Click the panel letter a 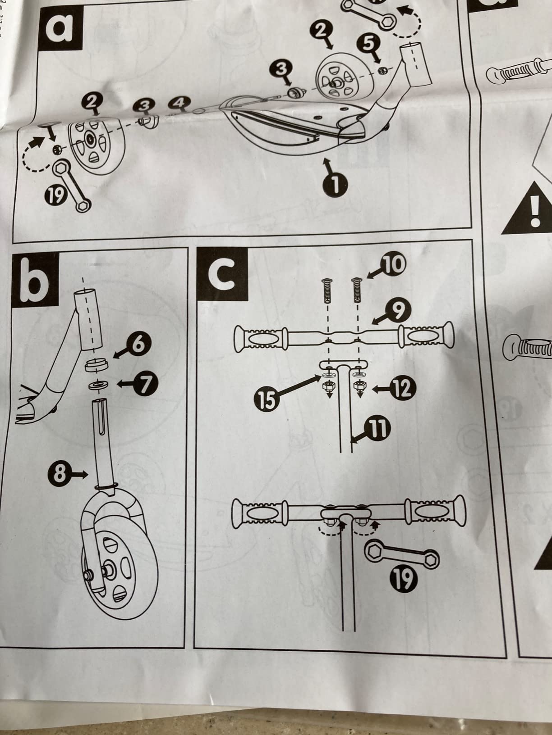pos(61,29)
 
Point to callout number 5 pos(368,43)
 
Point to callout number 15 pos(267,399)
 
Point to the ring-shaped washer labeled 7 pos(98,385)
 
